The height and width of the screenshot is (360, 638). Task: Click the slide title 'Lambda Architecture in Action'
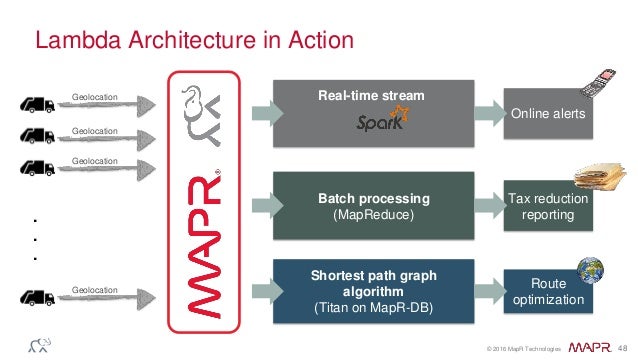pos(194,41)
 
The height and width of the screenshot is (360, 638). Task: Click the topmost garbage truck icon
pos(38,102)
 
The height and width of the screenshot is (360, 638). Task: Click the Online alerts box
pos(547,115)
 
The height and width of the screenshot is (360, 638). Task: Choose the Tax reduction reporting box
pos(547,207)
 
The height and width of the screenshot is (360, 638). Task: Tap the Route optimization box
pos(547,291)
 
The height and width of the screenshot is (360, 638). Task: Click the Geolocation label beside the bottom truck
pos(95,290)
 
